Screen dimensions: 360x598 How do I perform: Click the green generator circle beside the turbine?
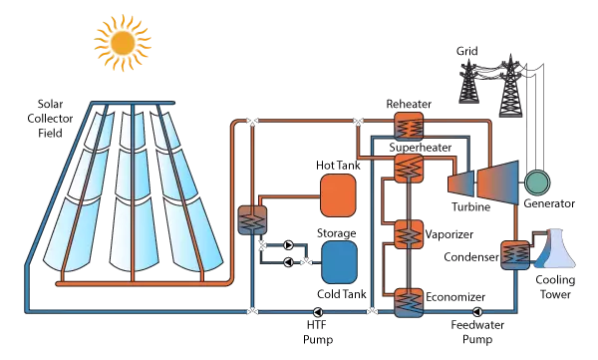[536, 181]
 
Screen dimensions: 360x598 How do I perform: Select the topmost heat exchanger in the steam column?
[409, 126]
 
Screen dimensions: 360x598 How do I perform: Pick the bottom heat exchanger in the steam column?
[409, 301]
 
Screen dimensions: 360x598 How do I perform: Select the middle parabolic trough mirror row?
[133, 189]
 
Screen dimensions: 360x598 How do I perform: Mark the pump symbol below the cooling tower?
[477, 312]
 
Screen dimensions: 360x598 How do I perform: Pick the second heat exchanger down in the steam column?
[409, 169]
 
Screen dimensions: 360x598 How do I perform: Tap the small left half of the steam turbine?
[462, 182]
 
